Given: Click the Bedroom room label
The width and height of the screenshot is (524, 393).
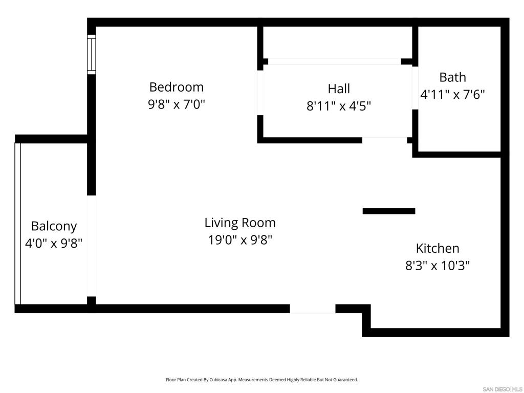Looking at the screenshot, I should pyautogui.click(x=176, y=86).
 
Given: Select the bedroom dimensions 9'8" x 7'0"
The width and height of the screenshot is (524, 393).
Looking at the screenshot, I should pyautogui.click(x=176, y=104).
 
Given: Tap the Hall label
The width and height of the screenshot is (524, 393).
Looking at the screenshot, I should pyautogui.click(x=339, y=89).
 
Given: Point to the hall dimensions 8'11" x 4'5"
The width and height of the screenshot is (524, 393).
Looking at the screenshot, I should pyautogui.click(x=339, y=106).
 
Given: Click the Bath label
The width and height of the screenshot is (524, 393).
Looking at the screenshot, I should pyautogui.click(x=452, y=77).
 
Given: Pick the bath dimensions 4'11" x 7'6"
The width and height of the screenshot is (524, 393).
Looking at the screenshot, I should pyautogui.click(x=452, y=95).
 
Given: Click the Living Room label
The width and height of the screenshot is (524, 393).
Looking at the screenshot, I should pyautogui.click(x=240, y=223).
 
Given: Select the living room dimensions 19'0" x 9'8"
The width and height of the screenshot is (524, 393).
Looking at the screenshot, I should pyautogui.click(x=240, y=240).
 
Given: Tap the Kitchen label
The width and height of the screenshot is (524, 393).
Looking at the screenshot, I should pyautogui.click(x=438, y=248).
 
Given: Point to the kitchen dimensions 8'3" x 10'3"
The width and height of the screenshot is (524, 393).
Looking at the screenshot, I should pyautogui.click(x=438, y=266).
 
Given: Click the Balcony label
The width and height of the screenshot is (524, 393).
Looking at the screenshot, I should pyautogui.click(x=54, y=226).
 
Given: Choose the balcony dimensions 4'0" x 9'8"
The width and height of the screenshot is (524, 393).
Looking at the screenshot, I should pyautogui.click(x=54, y=243).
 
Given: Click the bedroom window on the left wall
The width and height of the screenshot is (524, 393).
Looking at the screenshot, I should pyautogui.click(x=92, y=54).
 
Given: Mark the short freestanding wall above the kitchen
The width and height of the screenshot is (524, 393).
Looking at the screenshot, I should pyautogui.click(x=389, y=211).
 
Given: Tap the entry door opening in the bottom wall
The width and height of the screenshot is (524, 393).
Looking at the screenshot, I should pyautogui.click(x=313, y=309).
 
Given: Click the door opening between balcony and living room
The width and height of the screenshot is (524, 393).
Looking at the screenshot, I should pyautogui.click(x=92, y=246).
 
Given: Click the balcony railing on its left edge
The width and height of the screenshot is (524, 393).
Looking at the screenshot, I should pyautogui.click(x=18, y=224).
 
